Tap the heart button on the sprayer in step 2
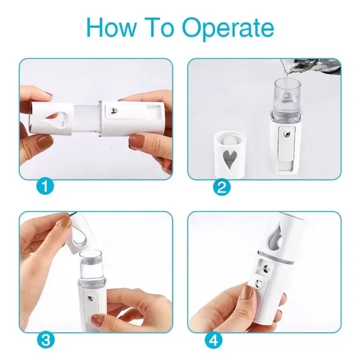coord(286,133)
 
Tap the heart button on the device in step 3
coord(92,298)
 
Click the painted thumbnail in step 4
coord(246,293)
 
